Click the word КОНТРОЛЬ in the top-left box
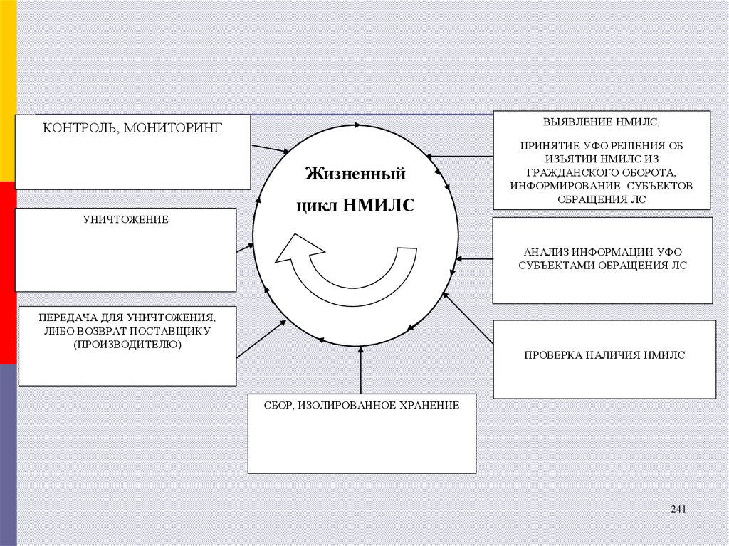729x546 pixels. click(74, 128)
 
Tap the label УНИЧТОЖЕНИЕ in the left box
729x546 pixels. click(125, 219)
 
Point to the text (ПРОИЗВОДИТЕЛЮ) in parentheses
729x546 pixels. click(127, 345)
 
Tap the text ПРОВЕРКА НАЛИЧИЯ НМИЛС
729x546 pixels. click(604, 355)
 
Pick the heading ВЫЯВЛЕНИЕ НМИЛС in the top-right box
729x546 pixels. click(601, 122)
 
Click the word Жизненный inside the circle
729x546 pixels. click(355, 174)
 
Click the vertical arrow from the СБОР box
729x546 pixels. click(361, 370)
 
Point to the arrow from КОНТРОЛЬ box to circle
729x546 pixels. click(271, 149)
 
